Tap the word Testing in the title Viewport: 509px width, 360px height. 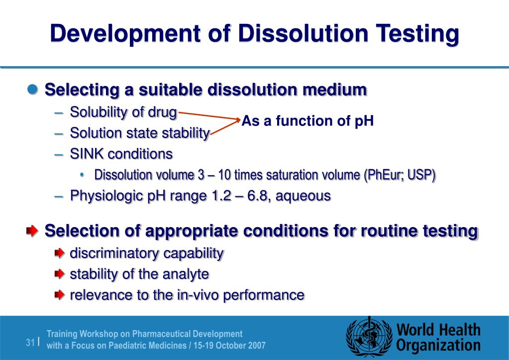pos(416,34)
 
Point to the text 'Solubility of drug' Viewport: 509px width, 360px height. pos(123,113)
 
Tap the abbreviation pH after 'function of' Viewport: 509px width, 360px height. pos(364,121)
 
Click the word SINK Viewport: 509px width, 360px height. pos(87,154)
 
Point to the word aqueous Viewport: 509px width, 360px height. pos(304,196)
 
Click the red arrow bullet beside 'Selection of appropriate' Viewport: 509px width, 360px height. pos(31,231)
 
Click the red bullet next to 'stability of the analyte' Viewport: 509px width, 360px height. pos(60,274)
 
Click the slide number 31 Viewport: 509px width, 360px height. pos(30,342)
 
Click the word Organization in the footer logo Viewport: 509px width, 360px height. pos(438,346)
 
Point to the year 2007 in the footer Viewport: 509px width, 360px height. pos(257,346)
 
